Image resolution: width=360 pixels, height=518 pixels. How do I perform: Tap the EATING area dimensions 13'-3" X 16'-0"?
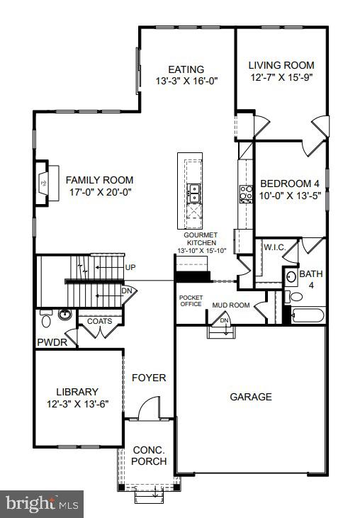pyautogui.click(x=186, y=81)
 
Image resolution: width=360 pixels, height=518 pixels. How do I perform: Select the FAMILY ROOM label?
pyautogui.click(x=99, y=180)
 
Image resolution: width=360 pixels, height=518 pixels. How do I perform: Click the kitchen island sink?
pyautogui.click(x=193, y=189)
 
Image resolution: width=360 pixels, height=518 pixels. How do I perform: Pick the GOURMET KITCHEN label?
pyautogui.click(x=200, y=239)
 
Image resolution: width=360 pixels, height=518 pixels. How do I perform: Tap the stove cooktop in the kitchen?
pyautogui.click(x=246, y=193)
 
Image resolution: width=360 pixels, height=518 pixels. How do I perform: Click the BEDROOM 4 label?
pyautogui.click(x=290, y=182)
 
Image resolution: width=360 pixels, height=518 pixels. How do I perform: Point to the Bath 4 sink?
pyautogui.click(x=291, y=278)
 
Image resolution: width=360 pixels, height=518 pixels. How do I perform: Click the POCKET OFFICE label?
pyautogui.click(x=191, y=300)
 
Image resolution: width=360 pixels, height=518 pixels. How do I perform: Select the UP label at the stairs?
pyautogui.click(x=130, y=267)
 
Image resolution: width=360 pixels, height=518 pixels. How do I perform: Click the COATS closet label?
pyautogui.click(x=99, y=321)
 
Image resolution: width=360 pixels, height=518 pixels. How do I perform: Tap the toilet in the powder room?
pyautogui.click(x=46, y=320)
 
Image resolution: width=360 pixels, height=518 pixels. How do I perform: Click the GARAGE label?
pyautogui.click(x=250, y=397)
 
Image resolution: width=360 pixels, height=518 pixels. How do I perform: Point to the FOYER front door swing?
pyautogui.click(x=150, y=410)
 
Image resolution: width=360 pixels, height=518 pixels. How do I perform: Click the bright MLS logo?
pyautogui.click(x=43, y=504)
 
